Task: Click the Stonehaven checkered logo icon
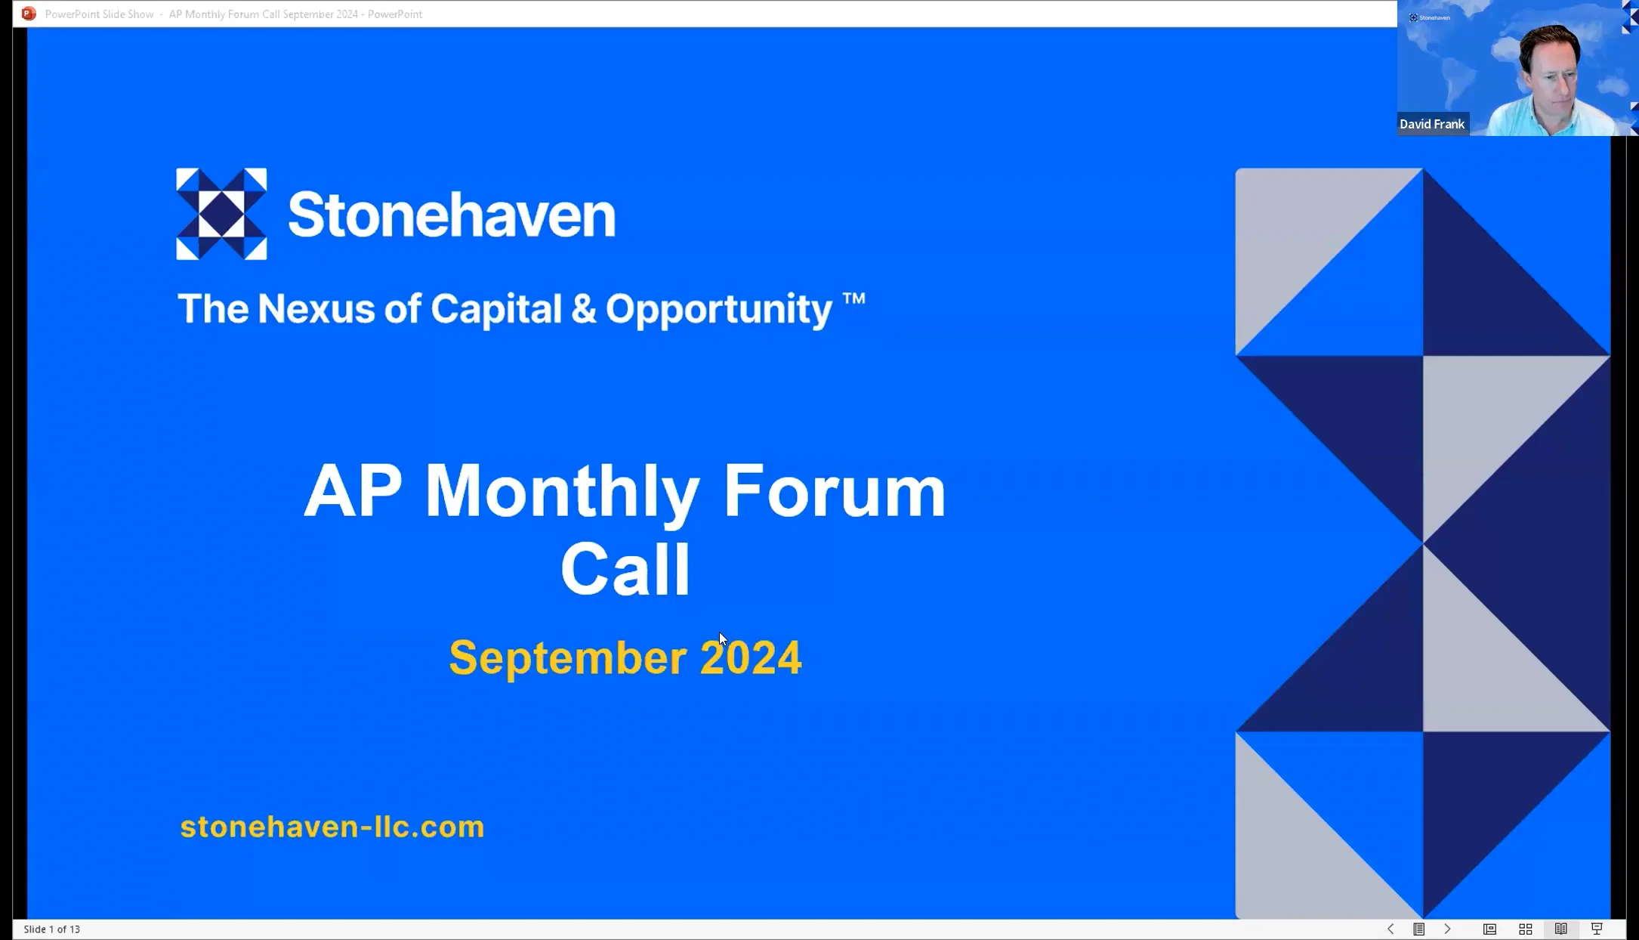[x=221, y=214]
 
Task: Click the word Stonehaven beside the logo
[x=452, y=215]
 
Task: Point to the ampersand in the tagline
[x=583, y=309]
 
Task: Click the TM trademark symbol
[x=853, y=298]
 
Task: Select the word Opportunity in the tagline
[x=718, y=310]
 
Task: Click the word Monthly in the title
[x=562, y=492]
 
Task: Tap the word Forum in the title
[x=834, y=492]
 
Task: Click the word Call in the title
[x=625, y=570]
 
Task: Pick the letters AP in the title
[x=353, y=492]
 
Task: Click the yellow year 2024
[x=751, y=657]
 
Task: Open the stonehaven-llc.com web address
[x=332, y=827]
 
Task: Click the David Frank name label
[x=1431, y=124]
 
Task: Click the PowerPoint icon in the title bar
[x=29, y=14]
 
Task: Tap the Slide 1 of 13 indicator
[x=52, y=929]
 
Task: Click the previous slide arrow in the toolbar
[x=1391, y=929]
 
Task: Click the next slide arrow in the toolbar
[x=1447, y=929]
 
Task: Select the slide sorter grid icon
[x=1526, y=929]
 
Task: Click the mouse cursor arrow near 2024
[x=722, y=639]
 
